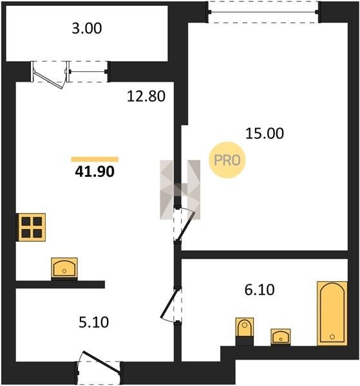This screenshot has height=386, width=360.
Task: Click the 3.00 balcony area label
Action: tap(87, 28)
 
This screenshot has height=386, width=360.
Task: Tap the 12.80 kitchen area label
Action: tap(146, 96)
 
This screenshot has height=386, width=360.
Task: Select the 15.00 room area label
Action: tap(265, 133)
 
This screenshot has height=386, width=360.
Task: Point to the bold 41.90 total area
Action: tap(95, 171)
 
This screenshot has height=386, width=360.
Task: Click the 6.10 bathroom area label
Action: tap(260, 289)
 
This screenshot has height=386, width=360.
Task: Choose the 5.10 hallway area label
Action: tap(93, 322)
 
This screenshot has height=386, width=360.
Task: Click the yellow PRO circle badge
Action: tap(227, 160)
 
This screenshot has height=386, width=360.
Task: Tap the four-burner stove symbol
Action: tap(32, 227)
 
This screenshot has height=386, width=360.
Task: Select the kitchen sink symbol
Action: tap(64, 268)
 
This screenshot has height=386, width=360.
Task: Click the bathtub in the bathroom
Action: tap(332, 313)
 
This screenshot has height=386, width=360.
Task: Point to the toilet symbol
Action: tap(245, 331)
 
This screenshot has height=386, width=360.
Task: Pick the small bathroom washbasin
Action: tap(281, 336)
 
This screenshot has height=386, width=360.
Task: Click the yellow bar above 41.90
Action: tap(95, 160)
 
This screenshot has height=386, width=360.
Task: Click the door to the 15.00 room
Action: tap(184, 225)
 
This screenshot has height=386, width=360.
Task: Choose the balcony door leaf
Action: tap(50, 77)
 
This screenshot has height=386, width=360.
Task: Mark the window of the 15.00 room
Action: tap(263, 12)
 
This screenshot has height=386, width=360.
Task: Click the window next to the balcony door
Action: tap(88, 71)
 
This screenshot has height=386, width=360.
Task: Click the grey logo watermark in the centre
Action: tap(180, 190)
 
